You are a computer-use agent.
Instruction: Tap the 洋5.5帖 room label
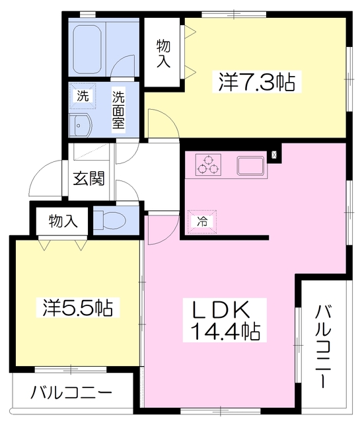coord(78,308)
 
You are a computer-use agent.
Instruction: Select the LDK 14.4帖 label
coord(225,320)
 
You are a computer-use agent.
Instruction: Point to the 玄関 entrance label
coord(89,180)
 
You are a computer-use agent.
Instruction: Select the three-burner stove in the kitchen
coord(209,165)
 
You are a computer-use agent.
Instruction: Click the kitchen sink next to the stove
coord(251,165)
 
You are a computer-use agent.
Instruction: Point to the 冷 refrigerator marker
coord(201,221)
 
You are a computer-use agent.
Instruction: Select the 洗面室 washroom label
coord(118,110)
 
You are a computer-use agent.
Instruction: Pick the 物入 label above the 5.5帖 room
coord(63,221)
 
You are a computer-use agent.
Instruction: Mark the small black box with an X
coord(275,156)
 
